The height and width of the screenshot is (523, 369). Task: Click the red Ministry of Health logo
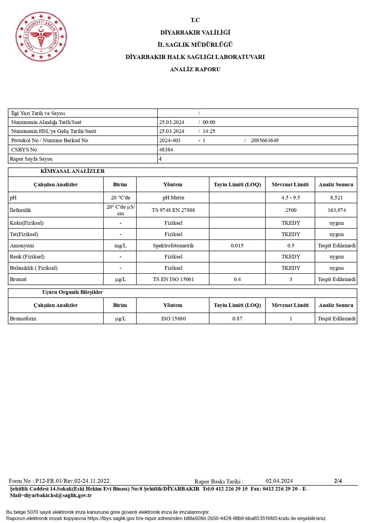tap(41, 37)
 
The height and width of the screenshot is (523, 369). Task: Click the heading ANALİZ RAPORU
tap(195, 69)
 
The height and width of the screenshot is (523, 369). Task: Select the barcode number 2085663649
tap(264, 140)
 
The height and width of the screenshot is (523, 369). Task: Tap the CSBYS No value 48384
tap(166, 150)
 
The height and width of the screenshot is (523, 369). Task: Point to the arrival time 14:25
tap(209, 131)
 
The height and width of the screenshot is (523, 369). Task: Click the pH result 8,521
tap(336, 198)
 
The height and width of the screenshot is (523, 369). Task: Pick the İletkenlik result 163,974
tap(336, 210)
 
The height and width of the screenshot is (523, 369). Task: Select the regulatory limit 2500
tap(290, 210)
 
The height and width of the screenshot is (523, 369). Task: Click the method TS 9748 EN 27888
tap(173, 210)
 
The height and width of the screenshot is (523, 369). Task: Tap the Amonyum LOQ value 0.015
tap(237, 246)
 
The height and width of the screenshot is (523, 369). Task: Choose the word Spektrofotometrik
tap(173, 246)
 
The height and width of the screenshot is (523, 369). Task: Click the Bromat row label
tap(18, 279)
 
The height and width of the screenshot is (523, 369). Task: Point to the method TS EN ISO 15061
tap(173, 279)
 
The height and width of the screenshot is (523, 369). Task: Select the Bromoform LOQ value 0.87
tap(237, 319)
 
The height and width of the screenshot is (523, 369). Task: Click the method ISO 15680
tap(173, 319)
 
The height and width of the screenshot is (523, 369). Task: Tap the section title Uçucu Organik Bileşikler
tap(72, 292)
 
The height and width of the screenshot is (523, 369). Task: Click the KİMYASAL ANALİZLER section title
tap(72, 171)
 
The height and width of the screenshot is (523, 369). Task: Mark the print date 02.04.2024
tap(279, 481)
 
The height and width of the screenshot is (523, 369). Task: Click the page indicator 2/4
tap(338, 481)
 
